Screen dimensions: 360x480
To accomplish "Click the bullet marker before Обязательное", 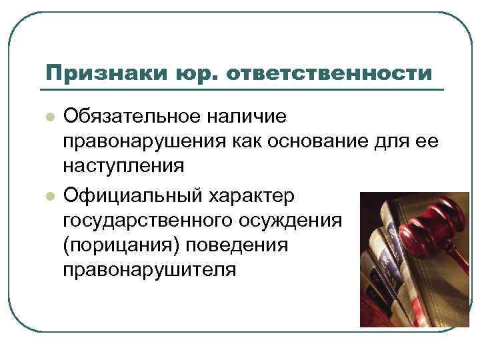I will pos(49,117).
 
